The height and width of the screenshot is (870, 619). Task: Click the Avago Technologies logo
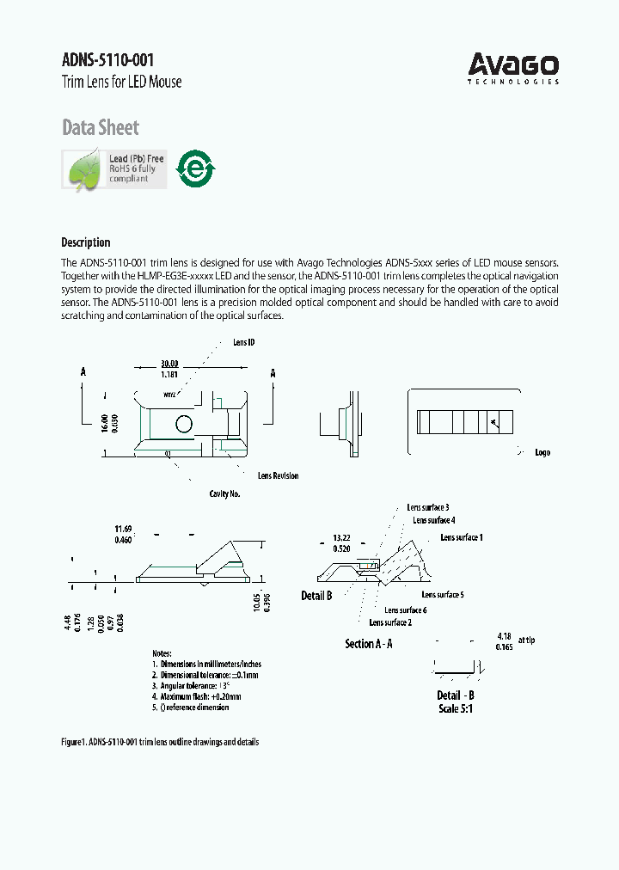[513, 68]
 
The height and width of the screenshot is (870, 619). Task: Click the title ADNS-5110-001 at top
[108, 59]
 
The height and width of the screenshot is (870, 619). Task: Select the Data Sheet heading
[100, 128]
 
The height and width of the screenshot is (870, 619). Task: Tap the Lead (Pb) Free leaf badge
[113, 168]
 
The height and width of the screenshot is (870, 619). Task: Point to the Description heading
[85, 242]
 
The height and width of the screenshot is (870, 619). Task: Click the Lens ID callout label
[243, 342]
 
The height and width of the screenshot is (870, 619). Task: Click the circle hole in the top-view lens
[184, 423]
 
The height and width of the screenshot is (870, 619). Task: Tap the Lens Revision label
[278, 475]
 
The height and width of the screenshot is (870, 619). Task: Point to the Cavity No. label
[224, 494]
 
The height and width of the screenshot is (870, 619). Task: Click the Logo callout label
[542, 452]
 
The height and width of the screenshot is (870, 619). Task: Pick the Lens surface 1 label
[461, 537]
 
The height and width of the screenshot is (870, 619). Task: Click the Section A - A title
[368, 643]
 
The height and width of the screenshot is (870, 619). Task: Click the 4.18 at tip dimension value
[505, 637]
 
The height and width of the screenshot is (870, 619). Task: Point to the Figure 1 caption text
[159, 742]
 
